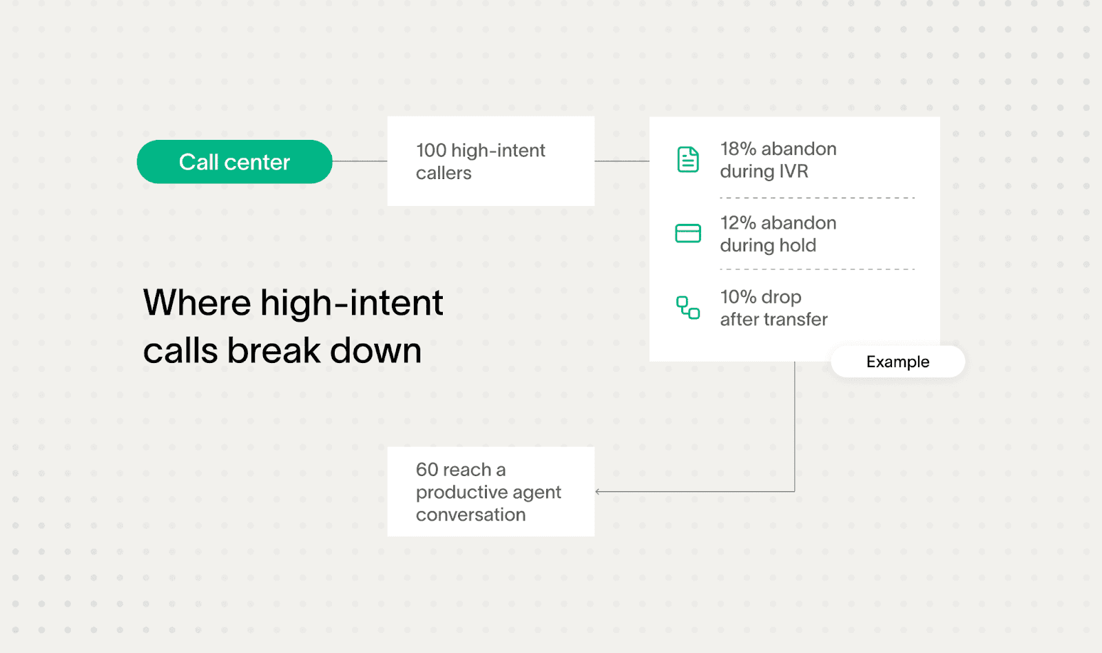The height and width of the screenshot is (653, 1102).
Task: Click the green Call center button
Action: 234,162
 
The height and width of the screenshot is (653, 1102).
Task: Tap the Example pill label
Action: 897,362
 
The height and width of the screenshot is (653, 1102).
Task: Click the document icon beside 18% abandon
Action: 687,160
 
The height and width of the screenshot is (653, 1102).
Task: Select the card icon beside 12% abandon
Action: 687,234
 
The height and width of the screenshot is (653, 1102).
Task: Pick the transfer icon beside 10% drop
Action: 687,307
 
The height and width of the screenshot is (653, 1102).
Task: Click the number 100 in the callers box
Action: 431,150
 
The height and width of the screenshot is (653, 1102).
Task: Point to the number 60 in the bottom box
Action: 427,470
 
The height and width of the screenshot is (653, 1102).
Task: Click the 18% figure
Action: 738,149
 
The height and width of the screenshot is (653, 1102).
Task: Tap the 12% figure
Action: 738,223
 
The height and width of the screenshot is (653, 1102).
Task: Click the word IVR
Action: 793,172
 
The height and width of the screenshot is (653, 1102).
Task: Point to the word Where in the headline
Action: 197,303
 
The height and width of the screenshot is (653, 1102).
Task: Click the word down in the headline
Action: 375,351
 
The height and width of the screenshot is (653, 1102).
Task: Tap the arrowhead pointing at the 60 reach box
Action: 598,492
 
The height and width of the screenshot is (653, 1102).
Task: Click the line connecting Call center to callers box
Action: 360,161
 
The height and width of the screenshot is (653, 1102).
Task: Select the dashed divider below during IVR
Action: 817,198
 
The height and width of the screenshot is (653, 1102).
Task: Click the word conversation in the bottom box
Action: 470,515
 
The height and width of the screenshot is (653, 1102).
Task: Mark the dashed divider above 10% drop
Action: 817,269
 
